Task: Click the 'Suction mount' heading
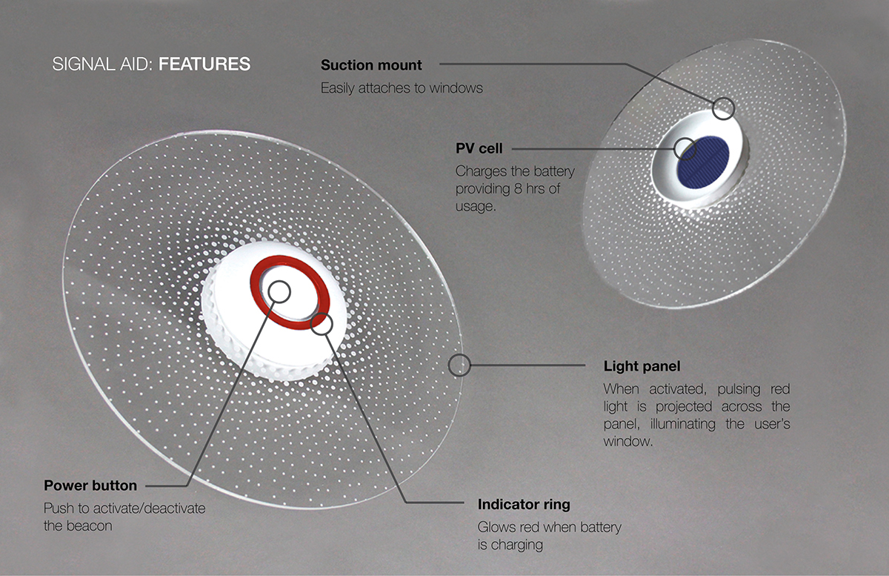371,65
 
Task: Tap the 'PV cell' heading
479,148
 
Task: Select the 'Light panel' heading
642,366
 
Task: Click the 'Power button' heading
90,486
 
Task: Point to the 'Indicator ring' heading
524,505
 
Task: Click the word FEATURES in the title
204,64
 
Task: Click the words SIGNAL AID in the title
101,64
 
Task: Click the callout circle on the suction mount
723,109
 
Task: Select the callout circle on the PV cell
685,148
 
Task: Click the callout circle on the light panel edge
459,364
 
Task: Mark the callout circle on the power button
279,291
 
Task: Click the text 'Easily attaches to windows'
402,88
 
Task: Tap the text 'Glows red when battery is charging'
549,536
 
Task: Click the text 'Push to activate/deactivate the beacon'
124,517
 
